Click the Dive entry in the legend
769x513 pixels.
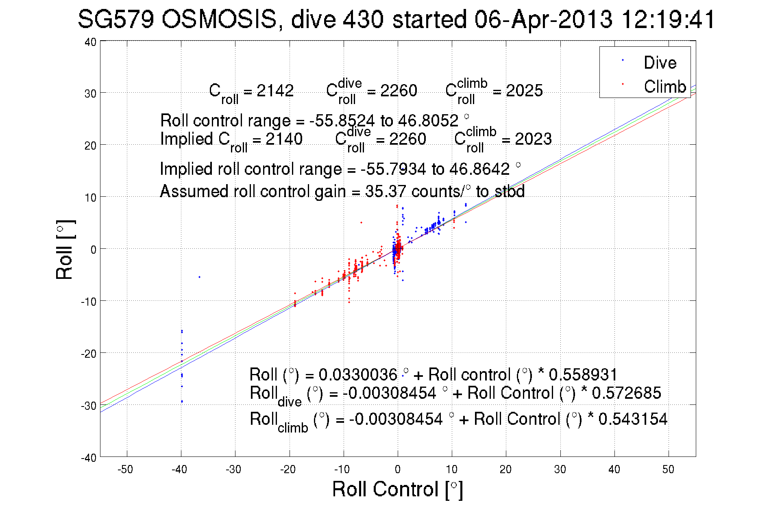[x=659, y=63]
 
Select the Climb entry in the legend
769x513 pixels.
[x=664, y=87]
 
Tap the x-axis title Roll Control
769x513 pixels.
[x=397, y=489]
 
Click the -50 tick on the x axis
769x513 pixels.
[x=125, y=470]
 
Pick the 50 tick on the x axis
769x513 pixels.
[x=668, y=470]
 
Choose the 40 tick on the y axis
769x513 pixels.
[x=90, y=42]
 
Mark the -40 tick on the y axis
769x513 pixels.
[x=89, y=458]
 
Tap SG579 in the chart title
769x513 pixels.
[x=115, y=20]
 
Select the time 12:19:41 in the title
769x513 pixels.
[x=668, y=20]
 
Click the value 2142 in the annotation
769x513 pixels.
[x=275, y=91]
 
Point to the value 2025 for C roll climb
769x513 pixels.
[x=524, y=91]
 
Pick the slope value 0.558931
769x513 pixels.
[x=583, y=374]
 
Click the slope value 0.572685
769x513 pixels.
[x=626, y=393]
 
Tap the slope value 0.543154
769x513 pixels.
[x=633, y=419]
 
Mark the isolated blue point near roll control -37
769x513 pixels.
[x=199, y=277]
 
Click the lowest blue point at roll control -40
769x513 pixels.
[x=182, y=402]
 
